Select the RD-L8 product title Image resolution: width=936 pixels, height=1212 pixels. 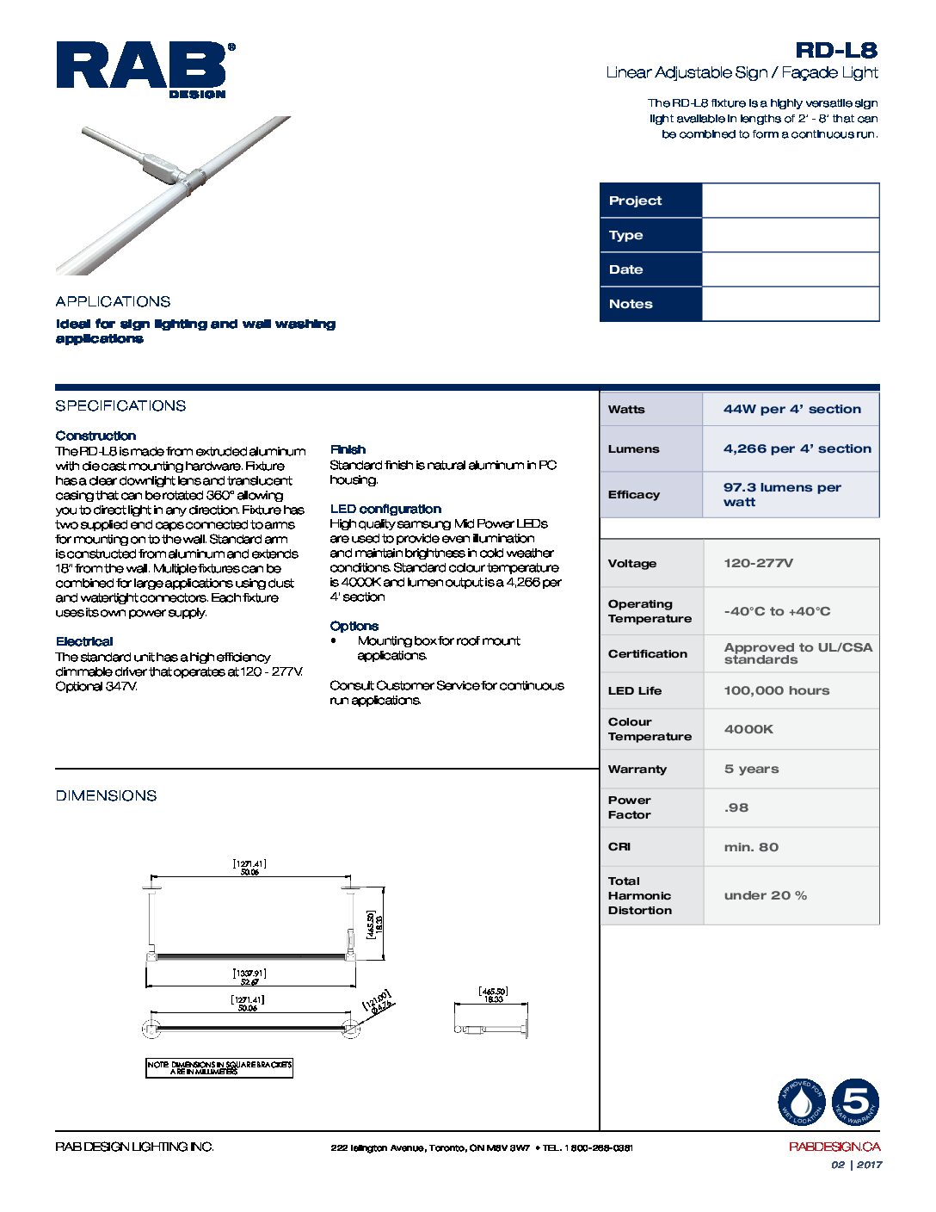835,51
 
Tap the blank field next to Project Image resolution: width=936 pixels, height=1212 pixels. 790,201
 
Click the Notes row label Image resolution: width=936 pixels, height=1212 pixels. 631,304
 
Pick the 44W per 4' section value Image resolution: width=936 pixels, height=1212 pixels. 791,409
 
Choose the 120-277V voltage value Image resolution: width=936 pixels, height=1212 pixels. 758,563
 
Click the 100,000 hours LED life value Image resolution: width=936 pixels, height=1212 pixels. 776,690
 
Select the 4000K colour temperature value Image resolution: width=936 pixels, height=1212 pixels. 748,729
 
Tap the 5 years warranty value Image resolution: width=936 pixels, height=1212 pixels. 751,769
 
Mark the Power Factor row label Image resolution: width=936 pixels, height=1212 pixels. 630,807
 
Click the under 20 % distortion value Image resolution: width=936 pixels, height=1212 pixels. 765,895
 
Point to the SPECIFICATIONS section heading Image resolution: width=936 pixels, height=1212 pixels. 120,405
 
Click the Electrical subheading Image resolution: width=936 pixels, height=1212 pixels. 84,641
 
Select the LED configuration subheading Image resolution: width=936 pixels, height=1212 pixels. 385,509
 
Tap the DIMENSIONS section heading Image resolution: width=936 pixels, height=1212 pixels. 106,795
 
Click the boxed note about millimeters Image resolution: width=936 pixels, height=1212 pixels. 219,1068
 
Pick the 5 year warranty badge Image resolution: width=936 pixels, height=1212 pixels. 855,1102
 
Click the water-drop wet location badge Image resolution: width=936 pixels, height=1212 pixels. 802,1102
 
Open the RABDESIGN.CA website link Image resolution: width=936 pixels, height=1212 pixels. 834,1147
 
